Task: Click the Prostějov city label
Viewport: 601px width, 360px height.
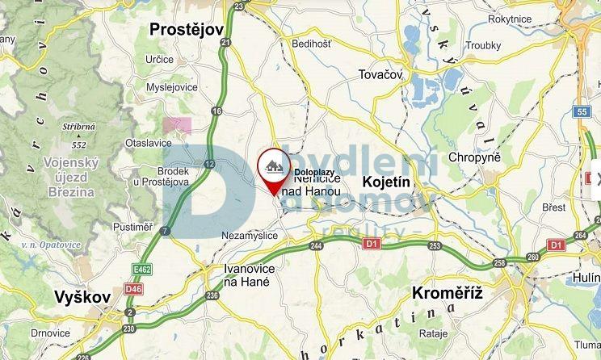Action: [186, 30]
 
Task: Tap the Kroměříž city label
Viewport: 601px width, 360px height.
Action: [447, 292]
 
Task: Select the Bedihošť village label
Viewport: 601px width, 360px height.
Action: [312, 44]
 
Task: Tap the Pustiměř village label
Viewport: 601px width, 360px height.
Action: [133, 227]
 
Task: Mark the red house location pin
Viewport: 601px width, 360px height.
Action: [275, 170]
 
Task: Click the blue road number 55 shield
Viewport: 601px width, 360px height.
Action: [583, 111]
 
